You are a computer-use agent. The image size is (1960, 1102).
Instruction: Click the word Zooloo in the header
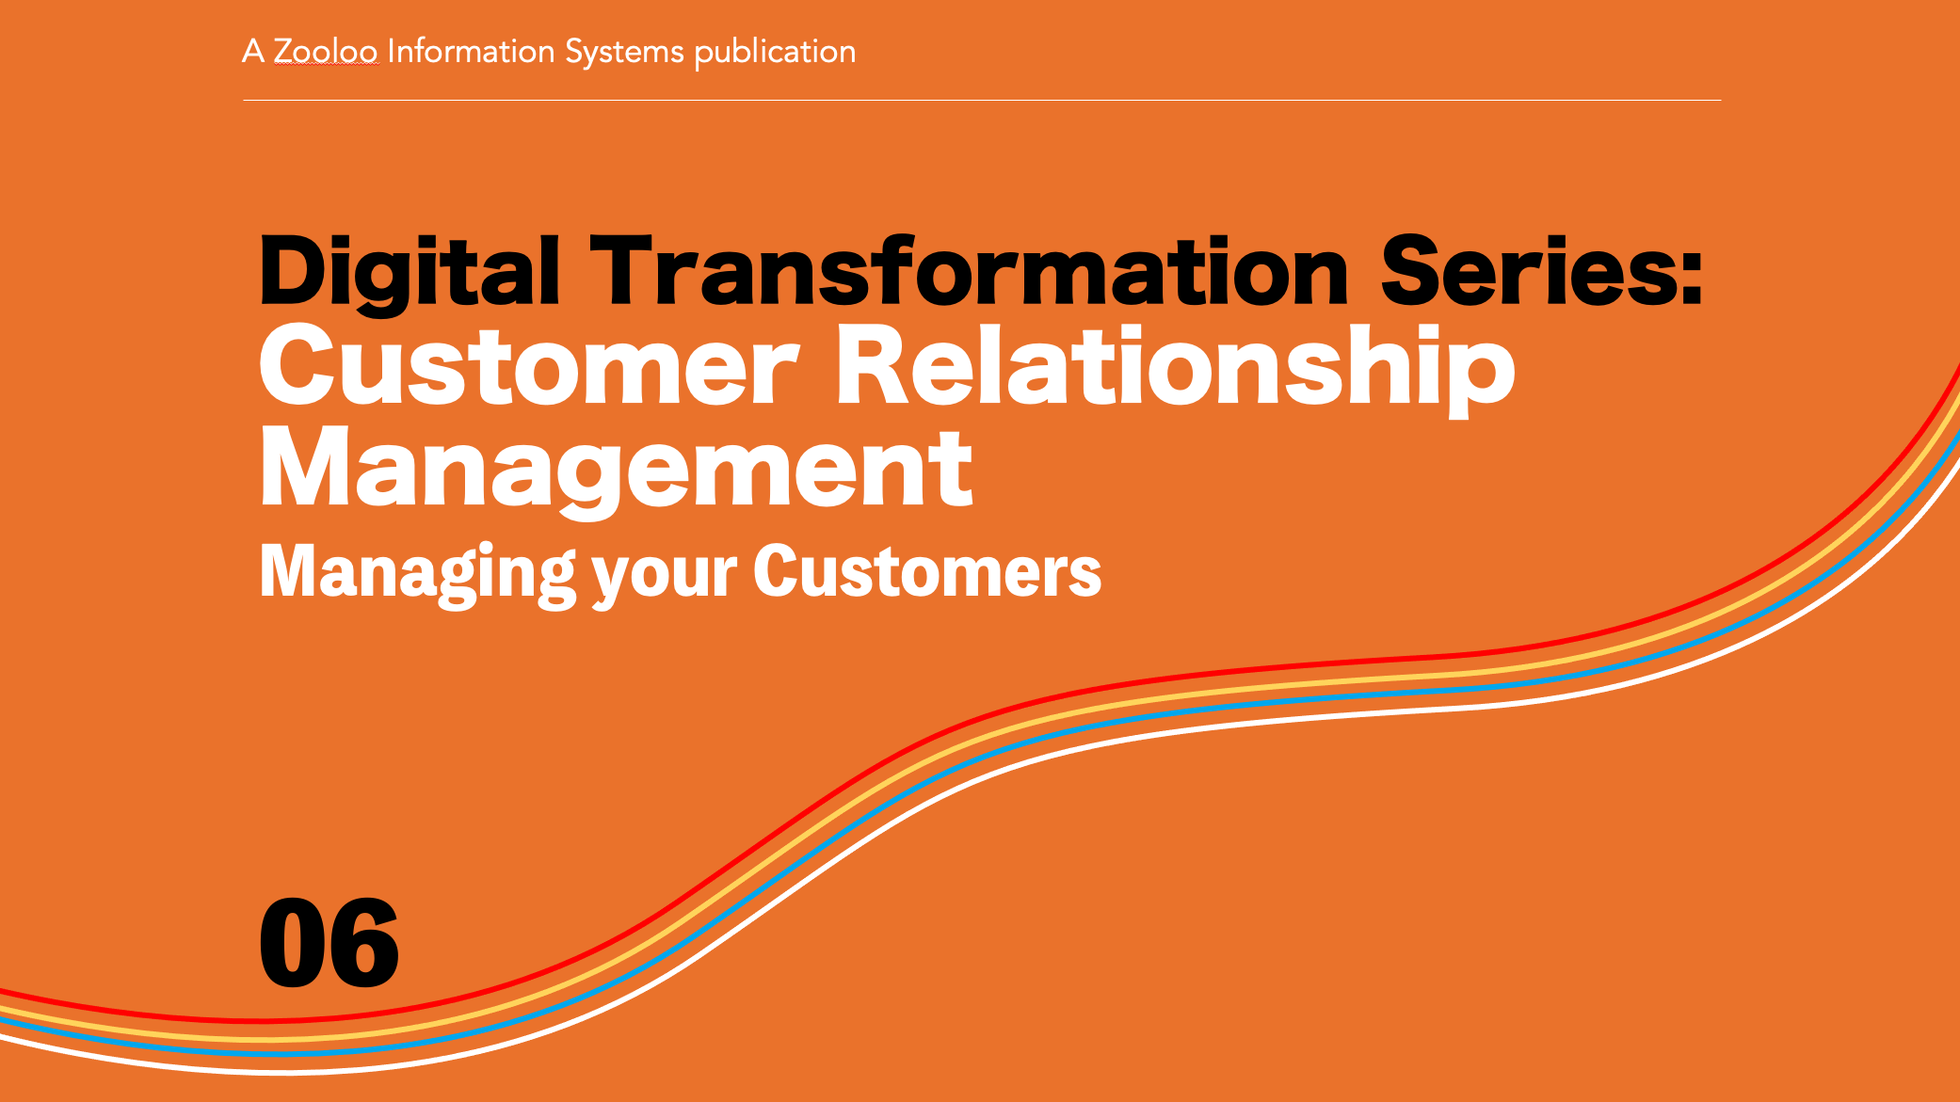pyautogui.click(x=325, y=51)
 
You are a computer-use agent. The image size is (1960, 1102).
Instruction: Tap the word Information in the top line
pyautogui.click(x=471, y=51)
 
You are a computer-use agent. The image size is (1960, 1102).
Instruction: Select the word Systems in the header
pyautogui.click(x=624, y=52)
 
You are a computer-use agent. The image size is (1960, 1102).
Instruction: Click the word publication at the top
pyautogui.click(x=775, y=52)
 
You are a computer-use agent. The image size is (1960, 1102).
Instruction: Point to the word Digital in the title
pyautogui.click(x=410, y=272)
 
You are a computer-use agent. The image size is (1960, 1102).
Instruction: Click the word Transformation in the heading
pyautogui.click(x=971, y=270)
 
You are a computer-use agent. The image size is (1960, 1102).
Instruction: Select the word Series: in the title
pyautogui.click(x=1541, y=270)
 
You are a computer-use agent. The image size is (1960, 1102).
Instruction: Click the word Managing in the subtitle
pyautogui.click(x=417, y=573)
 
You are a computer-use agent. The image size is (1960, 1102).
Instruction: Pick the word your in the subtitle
pyautogui.click(x=665, y=576)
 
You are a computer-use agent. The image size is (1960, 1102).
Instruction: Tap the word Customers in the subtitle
pyautogui.click(x=927, y=571)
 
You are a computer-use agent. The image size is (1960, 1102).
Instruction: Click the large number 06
pyautogui.click(x=329, y=943)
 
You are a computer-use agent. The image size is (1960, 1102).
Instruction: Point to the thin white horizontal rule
pyautogui.click(x=982, y=100)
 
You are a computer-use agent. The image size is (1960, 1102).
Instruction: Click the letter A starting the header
pyautogui.click(x=252, y=51)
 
